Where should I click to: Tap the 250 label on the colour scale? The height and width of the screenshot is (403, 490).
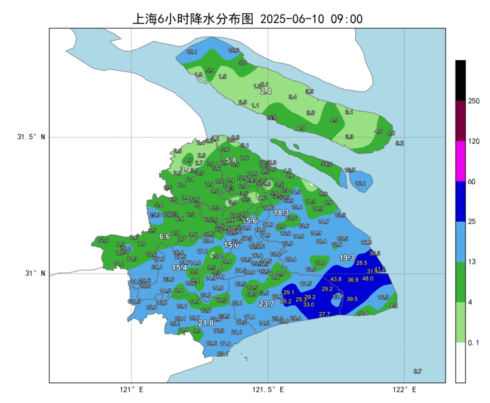pos(474,101)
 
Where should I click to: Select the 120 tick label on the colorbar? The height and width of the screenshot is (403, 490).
pos(474,141)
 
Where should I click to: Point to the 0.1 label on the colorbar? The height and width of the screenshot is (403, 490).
pos(474,343)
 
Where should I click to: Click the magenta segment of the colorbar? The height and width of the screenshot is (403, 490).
pos(461,161)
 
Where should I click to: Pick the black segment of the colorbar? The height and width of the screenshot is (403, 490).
pos(461,80)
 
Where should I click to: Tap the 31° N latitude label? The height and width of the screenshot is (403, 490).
pos(31,273)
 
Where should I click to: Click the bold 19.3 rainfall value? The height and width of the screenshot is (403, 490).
pos(347,257)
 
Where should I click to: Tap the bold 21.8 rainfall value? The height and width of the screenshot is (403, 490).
pos(206,323)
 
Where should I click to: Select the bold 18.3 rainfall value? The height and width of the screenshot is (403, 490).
pos(281,212)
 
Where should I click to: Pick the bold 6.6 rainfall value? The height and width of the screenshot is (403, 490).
pos(164,236)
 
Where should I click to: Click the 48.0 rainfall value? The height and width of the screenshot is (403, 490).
pos(367,279)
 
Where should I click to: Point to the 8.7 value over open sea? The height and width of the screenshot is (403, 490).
pos(417,371)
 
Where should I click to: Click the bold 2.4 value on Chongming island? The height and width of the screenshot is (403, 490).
pos(266,91)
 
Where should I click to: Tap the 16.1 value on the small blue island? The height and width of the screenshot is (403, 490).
pos(360,184)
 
